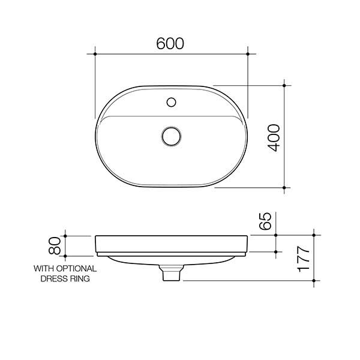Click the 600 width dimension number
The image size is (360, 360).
pyautogui.click(x=170, y=43)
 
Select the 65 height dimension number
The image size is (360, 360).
pyautogui.click(x=268, y=221)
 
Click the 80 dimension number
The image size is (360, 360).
pyautogui.click(x=55, y=244)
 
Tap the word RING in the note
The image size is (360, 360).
pyautogui.click(x=81, y=279)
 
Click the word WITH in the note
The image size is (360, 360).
pyautogui.click(x=43, y=269)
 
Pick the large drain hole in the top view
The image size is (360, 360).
pyautogui.click(x=171, y=136)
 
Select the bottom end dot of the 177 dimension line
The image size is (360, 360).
pyautogui.click(x=315, y=280)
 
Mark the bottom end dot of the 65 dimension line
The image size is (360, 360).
pyautogui.click(x=276, y=251)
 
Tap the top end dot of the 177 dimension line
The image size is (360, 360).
pyautogui.click(x=315, y=235)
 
